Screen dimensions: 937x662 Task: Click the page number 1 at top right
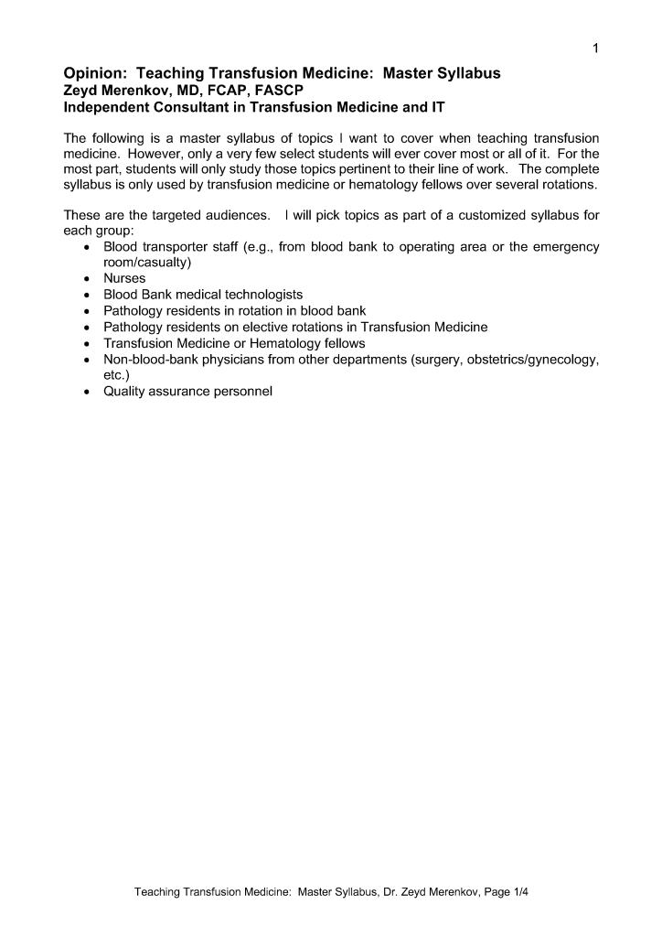595,48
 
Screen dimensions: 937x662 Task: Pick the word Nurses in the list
124,278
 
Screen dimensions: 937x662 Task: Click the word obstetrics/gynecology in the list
532,359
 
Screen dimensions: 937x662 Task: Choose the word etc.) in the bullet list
119,374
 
